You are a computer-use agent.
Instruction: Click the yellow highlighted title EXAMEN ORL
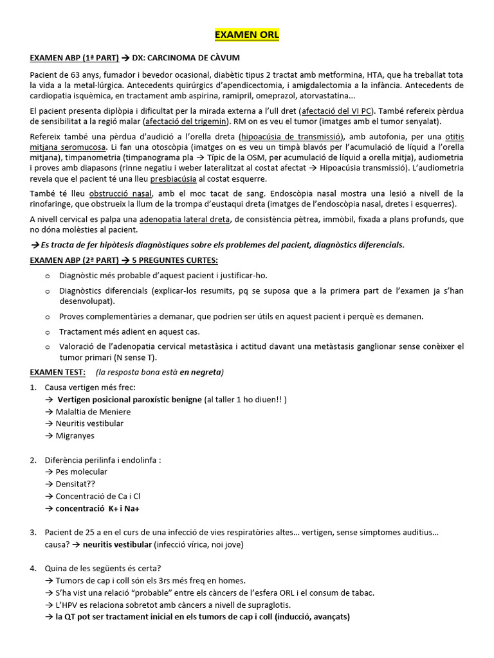247,35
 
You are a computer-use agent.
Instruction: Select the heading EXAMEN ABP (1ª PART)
75,58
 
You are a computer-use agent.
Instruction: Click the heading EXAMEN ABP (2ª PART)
75,260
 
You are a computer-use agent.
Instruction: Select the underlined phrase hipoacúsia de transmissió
291,137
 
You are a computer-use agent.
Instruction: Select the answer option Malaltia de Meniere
93,412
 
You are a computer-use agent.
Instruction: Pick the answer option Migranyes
75,436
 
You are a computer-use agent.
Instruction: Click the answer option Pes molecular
81,472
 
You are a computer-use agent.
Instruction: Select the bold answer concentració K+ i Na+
97,508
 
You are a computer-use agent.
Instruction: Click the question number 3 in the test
33,532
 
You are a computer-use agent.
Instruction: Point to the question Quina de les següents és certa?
103,568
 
